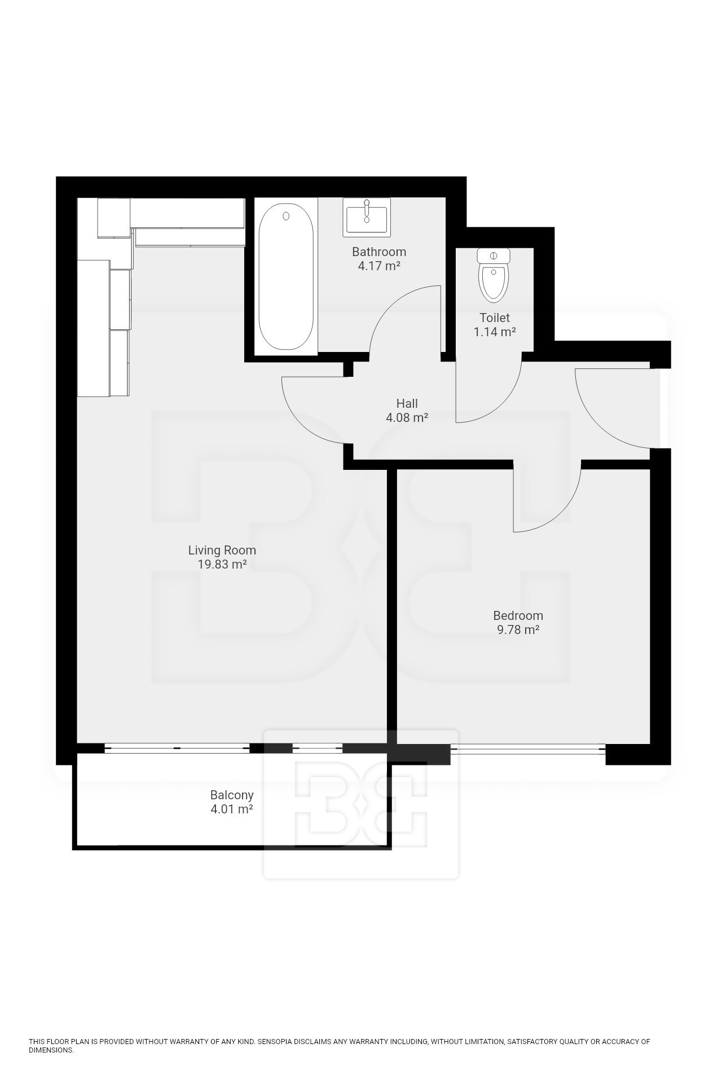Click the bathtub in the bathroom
click(x=286, y=276)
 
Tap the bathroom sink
click(x=366, y=217)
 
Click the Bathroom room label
click(x=379, y=252)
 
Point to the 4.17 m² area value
click(x=379, y=266)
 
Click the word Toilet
click(x=495, y=318)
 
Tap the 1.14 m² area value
click(x=495, y=332)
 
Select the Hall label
click(x=407, y=403)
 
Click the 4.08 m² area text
click(x=407, y=418)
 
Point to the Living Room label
click(x=222, y=550)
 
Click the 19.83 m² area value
click(x=222, y=565)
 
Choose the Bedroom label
click(x=518, y=615)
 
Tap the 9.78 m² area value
click(x=518, y=630)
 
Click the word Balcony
click(x=232, y=795)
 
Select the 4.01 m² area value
click(x=232, y=809)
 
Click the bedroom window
click(x=528, y=749)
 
